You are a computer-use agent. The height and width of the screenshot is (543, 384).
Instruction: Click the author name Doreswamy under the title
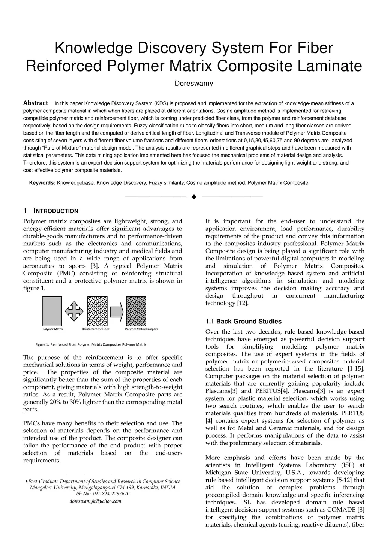[x=193, y=84]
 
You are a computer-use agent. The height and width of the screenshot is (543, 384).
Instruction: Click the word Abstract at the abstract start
[x=36, y=103]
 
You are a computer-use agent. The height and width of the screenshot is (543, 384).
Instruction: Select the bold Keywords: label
[x=42, y=183]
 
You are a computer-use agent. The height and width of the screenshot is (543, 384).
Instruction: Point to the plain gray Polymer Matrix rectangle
[x=52, y=311]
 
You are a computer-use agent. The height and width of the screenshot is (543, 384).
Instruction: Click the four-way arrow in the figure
[x=74, y=311]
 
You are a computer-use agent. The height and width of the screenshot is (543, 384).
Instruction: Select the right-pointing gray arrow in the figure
[x=117, y=311]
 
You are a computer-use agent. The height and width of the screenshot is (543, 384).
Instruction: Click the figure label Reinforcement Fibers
[x=96, y=329]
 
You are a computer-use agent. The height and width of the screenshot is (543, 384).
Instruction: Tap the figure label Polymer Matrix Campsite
[x=141, y=329]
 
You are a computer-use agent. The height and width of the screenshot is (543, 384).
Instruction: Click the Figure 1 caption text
[x=91, y=344]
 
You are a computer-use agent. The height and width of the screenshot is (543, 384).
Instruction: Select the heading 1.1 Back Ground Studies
[x=243, y=322]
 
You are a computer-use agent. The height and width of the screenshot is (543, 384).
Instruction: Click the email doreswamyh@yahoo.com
[x=95, y=501]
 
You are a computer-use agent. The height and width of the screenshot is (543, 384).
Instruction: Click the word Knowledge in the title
[x=93, y=48]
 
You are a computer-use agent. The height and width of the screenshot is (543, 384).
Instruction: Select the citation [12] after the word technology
[x=242, y=303]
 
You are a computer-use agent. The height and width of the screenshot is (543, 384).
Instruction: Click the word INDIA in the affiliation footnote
[x=168, y=488]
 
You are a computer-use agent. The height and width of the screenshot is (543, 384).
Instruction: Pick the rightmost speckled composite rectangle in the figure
[x=136, y=311]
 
